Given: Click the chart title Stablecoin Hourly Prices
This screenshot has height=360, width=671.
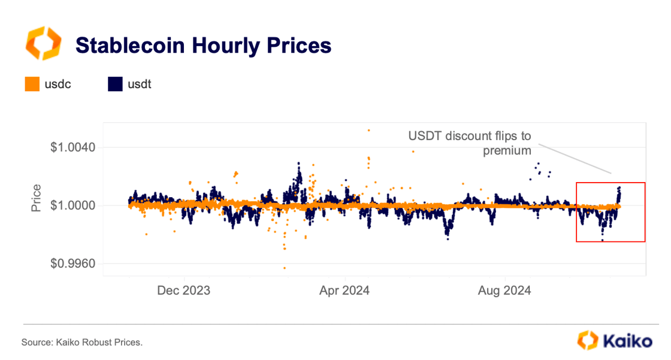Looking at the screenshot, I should click(203, 46).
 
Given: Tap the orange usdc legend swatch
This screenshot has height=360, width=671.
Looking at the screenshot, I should click(32, 84).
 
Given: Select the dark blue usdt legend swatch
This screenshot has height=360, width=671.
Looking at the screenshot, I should click(116, 84).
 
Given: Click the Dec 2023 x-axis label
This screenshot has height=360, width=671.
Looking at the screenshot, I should click(184, 291).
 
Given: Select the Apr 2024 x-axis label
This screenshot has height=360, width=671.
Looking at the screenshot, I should click(344, 291).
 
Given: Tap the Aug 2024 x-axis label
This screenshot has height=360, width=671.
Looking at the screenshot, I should click(505, 291).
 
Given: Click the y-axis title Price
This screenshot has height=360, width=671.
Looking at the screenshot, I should click(37, 198).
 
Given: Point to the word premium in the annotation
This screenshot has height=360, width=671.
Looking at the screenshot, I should click(507, 150).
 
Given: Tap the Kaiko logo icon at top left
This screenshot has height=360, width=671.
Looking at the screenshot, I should click(43, 43).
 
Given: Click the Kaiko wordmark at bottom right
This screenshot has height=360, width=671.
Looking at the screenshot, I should click(627, 341).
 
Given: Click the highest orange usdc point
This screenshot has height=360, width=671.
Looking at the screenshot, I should click(368, 130).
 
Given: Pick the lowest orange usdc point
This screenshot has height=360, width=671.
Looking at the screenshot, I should click(285, 268).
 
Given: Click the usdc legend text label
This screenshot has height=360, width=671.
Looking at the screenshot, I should click(58, 84).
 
